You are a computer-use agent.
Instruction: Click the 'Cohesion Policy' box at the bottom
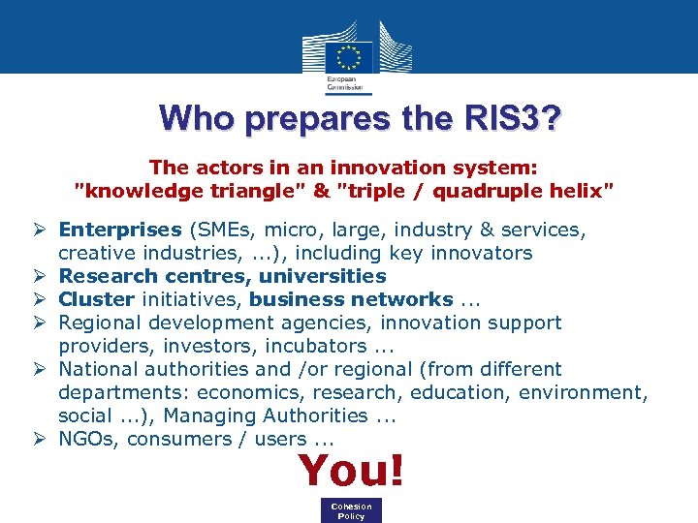point(351,510)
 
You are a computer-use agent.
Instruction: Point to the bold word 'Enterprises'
point(120,230)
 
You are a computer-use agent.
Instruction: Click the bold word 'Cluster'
point(96,299)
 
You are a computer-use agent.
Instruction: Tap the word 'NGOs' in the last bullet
point(85,439)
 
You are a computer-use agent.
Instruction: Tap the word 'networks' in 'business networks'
point(404,299)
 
